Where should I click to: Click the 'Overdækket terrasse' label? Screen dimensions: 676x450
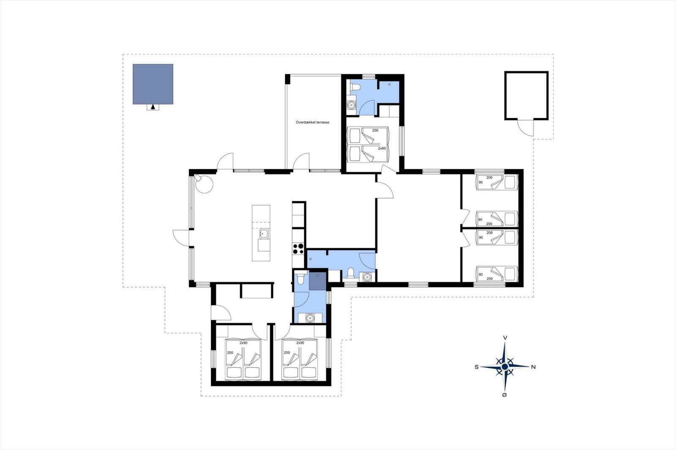click(x=312, y=122)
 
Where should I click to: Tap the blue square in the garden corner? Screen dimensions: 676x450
click(x=153, y=84)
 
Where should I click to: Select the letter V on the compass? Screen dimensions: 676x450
click(x=505, y=338)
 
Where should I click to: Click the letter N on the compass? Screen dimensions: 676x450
click(x=533, y=367)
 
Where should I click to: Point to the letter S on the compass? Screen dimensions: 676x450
click(x=477, y=367)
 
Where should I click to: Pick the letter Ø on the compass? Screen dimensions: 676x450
click(x=504, y=395)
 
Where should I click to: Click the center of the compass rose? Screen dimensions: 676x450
click(x=505, y=367)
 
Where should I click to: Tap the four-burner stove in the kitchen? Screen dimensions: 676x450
click(x=298, y=249)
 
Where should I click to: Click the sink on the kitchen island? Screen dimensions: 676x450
click(x=264, y=233)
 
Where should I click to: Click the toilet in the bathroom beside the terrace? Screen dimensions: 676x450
click(x=355, y=87)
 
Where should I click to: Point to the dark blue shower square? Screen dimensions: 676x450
click(x=317, y=281)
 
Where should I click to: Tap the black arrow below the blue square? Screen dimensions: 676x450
click(x=153, y=106)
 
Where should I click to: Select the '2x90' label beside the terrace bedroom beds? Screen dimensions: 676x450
click(x=382, y=149)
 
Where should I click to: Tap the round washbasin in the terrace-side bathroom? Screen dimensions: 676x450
click(x=351, y=105)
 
